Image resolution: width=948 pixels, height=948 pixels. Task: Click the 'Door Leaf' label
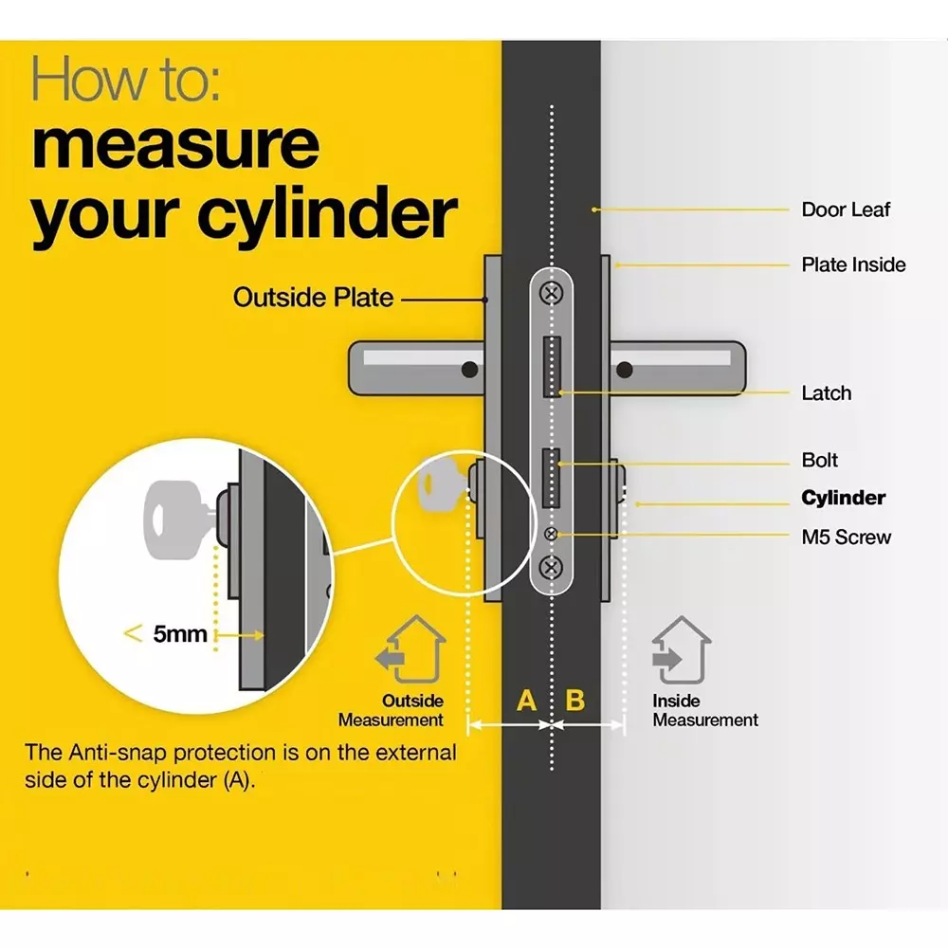click(846, 210)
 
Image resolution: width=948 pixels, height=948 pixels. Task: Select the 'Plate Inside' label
click(853, 264)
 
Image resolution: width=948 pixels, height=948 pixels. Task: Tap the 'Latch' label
click(826, 392)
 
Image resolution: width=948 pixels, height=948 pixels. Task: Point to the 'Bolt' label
click(820, 461)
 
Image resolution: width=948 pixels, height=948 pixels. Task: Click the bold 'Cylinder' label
click(843, 499)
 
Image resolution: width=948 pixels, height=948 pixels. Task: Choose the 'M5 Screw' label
click(846, 538)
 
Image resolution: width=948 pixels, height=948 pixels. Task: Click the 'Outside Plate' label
click(313, 298)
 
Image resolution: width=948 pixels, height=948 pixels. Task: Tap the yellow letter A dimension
click(526, 702)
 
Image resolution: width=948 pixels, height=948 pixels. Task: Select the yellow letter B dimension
click(575, 702)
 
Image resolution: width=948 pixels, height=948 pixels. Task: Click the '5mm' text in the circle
click(179, 634)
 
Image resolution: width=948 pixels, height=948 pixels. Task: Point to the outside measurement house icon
click(410, 650)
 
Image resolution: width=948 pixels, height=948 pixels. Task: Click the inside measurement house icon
click(681, 650)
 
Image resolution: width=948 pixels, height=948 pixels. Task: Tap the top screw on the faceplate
click(551, 294)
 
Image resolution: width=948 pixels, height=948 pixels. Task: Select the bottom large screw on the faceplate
click(551, 569)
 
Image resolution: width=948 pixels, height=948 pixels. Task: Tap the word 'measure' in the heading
click(175, 143)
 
